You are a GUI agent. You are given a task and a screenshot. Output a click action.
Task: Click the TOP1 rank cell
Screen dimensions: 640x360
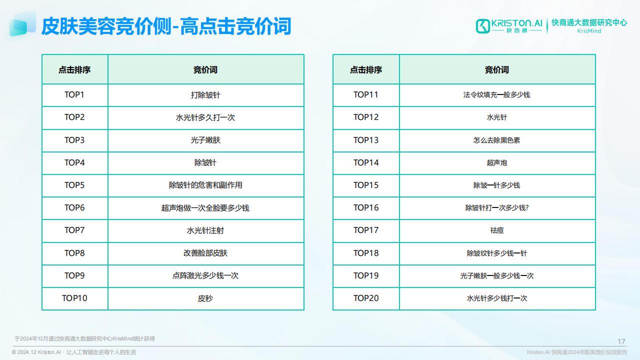74,95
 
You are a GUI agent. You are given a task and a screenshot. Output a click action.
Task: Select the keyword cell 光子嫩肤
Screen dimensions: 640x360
205,140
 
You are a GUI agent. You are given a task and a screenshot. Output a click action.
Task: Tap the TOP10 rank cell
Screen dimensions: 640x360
74,298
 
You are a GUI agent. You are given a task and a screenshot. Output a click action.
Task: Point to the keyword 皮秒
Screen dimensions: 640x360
205,298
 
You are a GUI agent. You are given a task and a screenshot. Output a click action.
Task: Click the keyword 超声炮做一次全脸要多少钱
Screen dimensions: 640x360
205,207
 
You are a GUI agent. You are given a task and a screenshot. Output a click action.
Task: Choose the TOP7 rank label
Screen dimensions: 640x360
74,230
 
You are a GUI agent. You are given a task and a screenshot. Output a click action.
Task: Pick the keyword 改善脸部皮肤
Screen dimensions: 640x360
205,253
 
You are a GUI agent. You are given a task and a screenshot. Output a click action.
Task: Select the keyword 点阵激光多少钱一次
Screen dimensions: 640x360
205,275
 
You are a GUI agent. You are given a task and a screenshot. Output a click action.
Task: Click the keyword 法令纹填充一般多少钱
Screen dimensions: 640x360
497,95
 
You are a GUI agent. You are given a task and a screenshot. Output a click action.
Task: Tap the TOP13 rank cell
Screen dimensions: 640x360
366,140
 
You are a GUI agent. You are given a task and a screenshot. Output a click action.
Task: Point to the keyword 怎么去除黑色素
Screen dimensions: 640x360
497,140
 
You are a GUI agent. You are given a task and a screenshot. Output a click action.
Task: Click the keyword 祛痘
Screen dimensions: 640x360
497,230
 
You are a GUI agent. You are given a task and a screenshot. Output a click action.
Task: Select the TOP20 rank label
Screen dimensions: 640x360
366,298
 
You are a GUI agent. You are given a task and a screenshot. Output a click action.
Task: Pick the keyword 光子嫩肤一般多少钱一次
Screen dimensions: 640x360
497,275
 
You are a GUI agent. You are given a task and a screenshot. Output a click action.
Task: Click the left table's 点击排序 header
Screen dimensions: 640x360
74,69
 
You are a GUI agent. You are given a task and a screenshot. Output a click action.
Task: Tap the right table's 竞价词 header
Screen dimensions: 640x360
497,69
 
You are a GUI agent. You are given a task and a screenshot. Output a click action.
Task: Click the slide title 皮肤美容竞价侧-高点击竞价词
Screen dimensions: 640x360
166,26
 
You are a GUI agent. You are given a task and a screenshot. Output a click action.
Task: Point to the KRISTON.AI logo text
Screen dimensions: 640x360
516,23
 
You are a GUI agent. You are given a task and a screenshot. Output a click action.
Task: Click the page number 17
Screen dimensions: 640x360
621,341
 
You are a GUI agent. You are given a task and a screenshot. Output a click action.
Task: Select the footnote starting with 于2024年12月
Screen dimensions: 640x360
84,338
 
